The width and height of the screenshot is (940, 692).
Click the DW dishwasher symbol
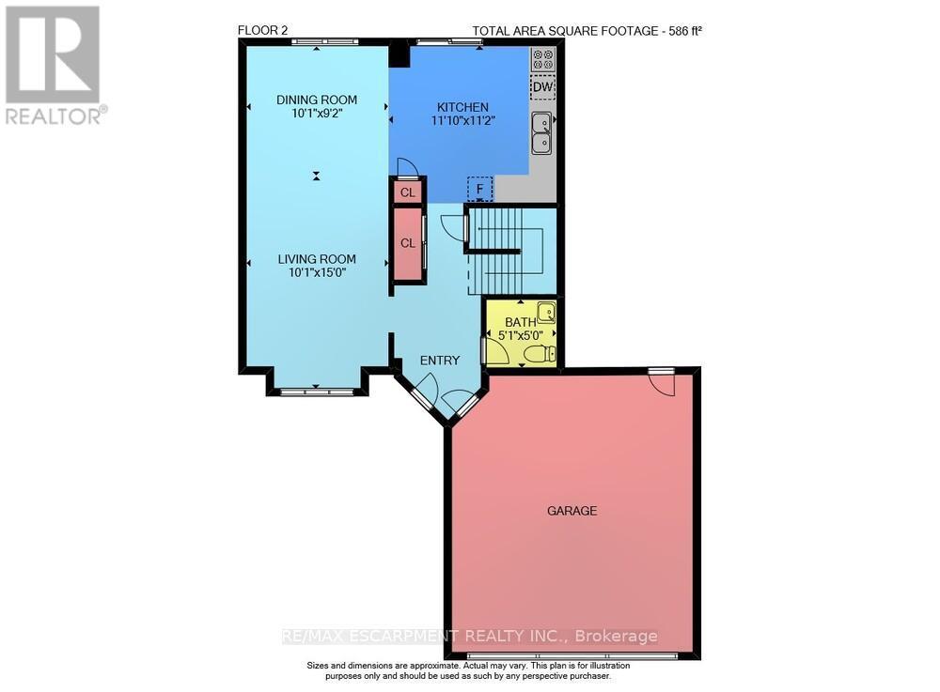(x=542, y=87)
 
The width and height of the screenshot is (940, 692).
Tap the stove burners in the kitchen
(x=542, y=59)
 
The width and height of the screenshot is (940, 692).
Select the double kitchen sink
(x=541, y=132)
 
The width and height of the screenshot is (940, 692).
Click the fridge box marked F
(x=479, y=189)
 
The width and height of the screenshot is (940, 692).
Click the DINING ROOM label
(x=316, y=100)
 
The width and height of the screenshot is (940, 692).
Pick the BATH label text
(x=519, y=322)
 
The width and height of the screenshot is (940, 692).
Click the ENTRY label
(x=439, y=361)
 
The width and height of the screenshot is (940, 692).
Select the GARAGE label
(x=572, y=511)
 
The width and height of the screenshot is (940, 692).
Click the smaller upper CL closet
(x=407, y=192)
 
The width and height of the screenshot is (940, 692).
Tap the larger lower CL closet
(x=407, y=243)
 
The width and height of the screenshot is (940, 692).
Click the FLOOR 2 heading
(x=262, y=31)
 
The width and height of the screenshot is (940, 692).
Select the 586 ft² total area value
(x=681, y=31)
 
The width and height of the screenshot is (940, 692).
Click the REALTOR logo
(x=53, y=65)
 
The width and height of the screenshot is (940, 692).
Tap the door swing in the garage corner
(x=662, y=383)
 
